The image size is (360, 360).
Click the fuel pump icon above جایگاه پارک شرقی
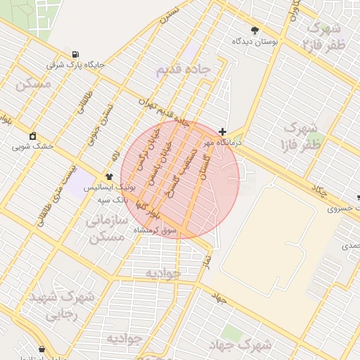pos(75,55)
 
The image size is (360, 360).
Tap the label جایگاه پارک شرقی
pos(75,65)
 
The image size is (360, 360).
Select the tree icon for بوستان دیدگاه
pos(254,30)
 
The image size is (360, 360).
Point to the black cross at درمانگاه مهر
pos(222,131)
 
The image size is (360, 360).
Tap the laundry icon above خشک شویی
pos(33,136)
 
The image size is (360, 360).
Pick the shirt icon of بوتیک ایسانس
pos(109,176)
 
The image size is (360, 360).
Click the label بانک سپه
pos(112,200)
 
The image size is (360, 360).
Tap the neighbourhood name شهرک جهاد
pos(240,345)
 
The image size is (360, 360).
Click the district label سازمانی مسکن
pos(108,229)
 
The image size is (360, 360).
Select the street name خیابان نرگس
pos(148,150)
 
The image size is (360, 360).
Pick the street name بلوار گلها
pos(148,206)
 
